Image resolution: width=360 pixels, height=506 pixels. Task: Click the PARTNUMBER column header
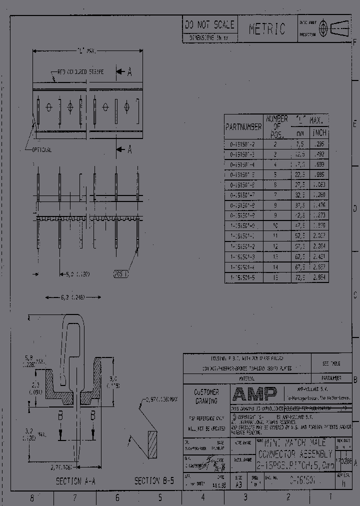pyautogui.click(x=243, y=127)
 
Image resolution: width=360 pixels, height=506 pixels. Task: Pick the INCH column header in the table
pyautogui.click(x=319, y=133)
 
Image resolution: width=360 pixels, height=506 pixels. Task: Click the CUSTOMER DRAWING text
pyautogui.click(x=206, y=396)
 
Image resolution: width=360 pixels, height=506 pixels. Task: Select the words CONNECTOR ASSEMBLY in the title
pyautogui.click(x=294, y=454)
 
